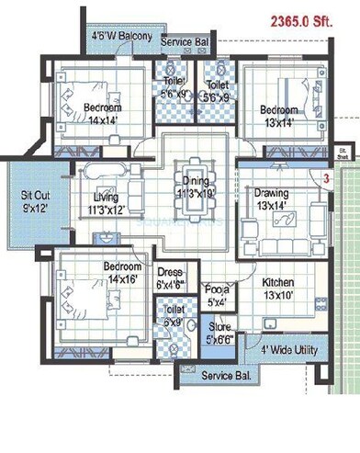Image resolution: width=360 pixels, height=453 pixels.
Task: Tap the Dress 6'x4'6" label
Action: point(171,278)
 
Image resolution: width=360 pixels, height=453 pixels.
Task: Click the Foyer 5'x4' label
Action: point(217,294)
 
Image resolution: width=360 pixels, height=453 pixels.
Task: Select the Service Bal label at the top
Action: point(185,43)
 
